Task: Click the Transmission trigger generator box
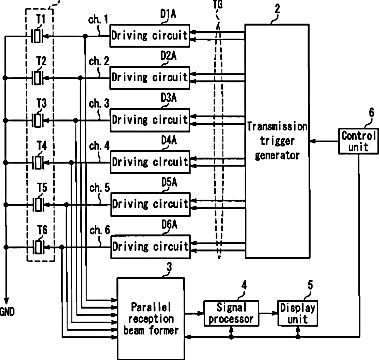point(277,141)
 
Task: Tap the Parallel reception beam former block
point(151,318)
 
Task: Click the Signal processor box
point(231,313)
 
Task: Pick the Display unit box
point(297,313)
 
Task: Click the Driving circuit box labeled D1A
point(150,35)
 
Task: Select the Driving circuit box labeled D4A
point(150,162)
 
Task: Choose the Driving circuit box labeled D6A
point(150,247)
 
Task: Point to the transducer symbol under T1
point(38,36)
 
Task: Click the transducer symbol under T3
point(38,120)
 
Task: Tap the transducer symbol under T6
point(38,247)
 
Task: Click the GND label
point(7,312)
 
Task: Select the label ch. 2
point(99,62)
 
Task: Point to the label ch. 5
point(99,188)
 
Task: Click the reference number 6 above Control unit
point(371,113)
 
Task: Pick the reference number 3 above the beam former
point(170,267)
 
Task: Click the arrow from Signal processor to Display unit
point(268,313)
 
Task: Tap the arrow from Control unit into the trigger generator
point(324,141)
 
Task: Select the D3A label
point(169,99)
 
